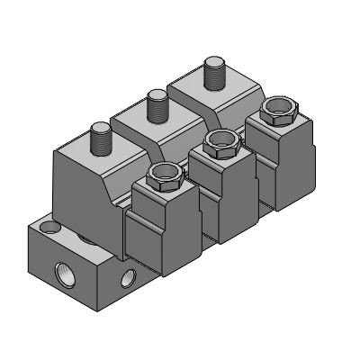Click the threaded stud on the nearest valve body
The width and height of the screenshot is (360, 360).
[99, 140]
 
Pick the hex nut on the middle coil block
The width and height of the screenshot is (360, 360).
[219, 141]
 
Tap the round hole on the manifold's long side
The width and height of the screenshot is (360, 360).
[130, 276]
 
